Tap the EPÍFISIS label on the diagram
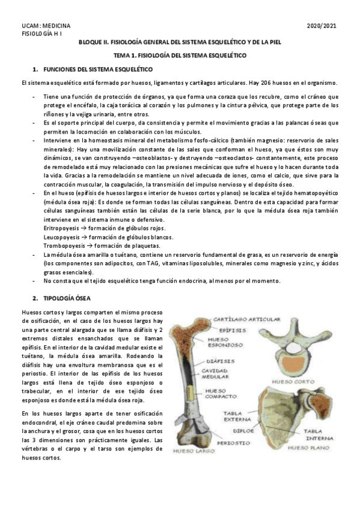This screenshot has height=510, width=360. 231,329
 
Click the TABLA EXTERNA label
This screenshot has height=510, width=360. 237,417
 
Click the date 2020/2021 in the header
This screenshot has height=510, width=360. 322,26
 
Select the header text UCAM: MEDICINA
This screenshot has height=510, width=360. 46,26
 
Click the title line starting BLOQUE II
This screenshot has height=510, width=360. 180,43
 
